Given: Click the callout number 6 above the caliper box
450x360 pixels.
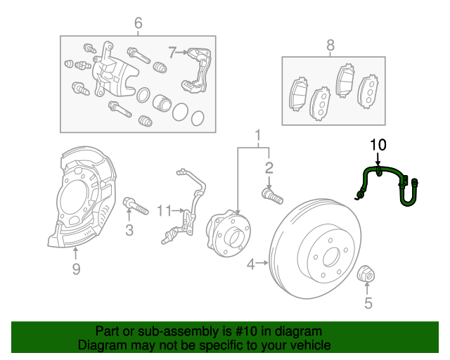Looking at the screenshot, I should point(138,24).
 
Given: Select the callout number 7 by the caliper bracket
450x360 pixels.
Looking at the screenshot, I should point(172,51).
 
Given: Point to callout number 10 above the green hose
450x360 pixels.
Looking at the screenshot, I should point(378,146).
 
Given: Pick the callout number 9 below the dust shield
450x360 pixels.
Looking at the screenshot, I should point(76,269).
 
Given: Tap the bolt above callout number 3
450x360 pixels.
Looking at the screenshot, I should point(136,206).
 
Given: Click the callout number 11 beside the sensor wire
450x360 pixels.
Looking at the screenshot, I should point(164,210).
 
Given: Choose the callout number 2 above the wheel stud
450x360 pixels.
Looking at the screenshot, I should point(269,167).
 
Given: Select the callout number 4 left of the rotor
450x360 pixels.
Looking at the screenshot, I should point(251,264).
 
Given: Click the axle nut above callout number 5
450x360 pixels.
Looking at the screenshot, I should point(367,275).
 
